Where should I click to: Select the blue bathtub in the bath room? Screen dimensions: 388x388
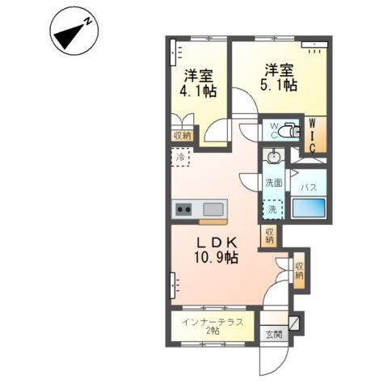pyautogui.click(x=307, y=209)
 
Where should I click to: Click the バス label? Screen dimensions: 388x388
pyautogui.click(x=308, y=188)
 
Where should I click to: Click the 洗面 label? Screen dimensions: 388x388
pyautogui.click(x=274, y=183)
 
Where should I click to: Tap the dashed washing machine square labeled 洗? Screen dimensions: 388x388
pyautogui.click(x=274, y=209)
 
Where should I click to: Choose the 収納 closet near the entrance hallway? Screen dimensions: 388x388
pyautogui.click(x=298, y=270)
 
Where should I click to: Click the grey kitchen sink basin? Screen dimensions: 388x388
pyautogui.click(x=213, y=208)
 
